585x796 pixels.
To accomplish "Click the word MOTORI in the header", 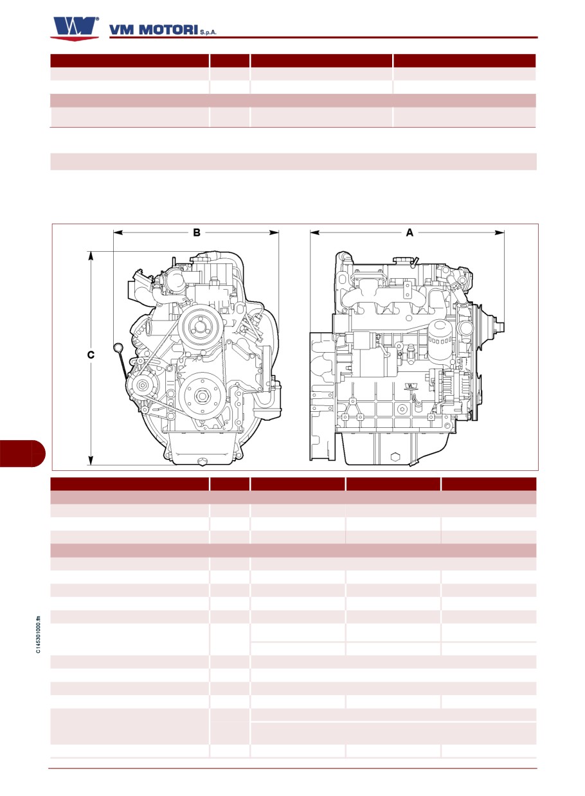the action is [x=168, y=30].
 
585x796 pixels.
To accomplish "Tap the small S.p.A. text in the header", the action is [x=208, y=32].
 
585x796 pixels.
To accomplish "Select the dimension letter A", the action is [x=410, y=233].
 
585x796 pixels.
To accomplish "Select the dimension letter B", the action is [x=196, y=233].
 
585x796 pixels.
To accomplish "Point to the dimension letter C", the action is [x=91, y=355].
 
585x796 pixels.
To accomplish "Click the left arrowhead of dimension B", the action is [x=118, y=233].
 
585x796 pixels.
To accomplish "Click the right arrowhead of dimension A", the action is [x=500, y=233].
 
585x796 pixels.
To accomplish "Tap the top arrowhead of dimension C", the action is [x=91, y=256].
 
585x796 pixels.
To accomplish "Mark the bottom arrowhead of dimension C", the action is [x=91, y=460].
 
